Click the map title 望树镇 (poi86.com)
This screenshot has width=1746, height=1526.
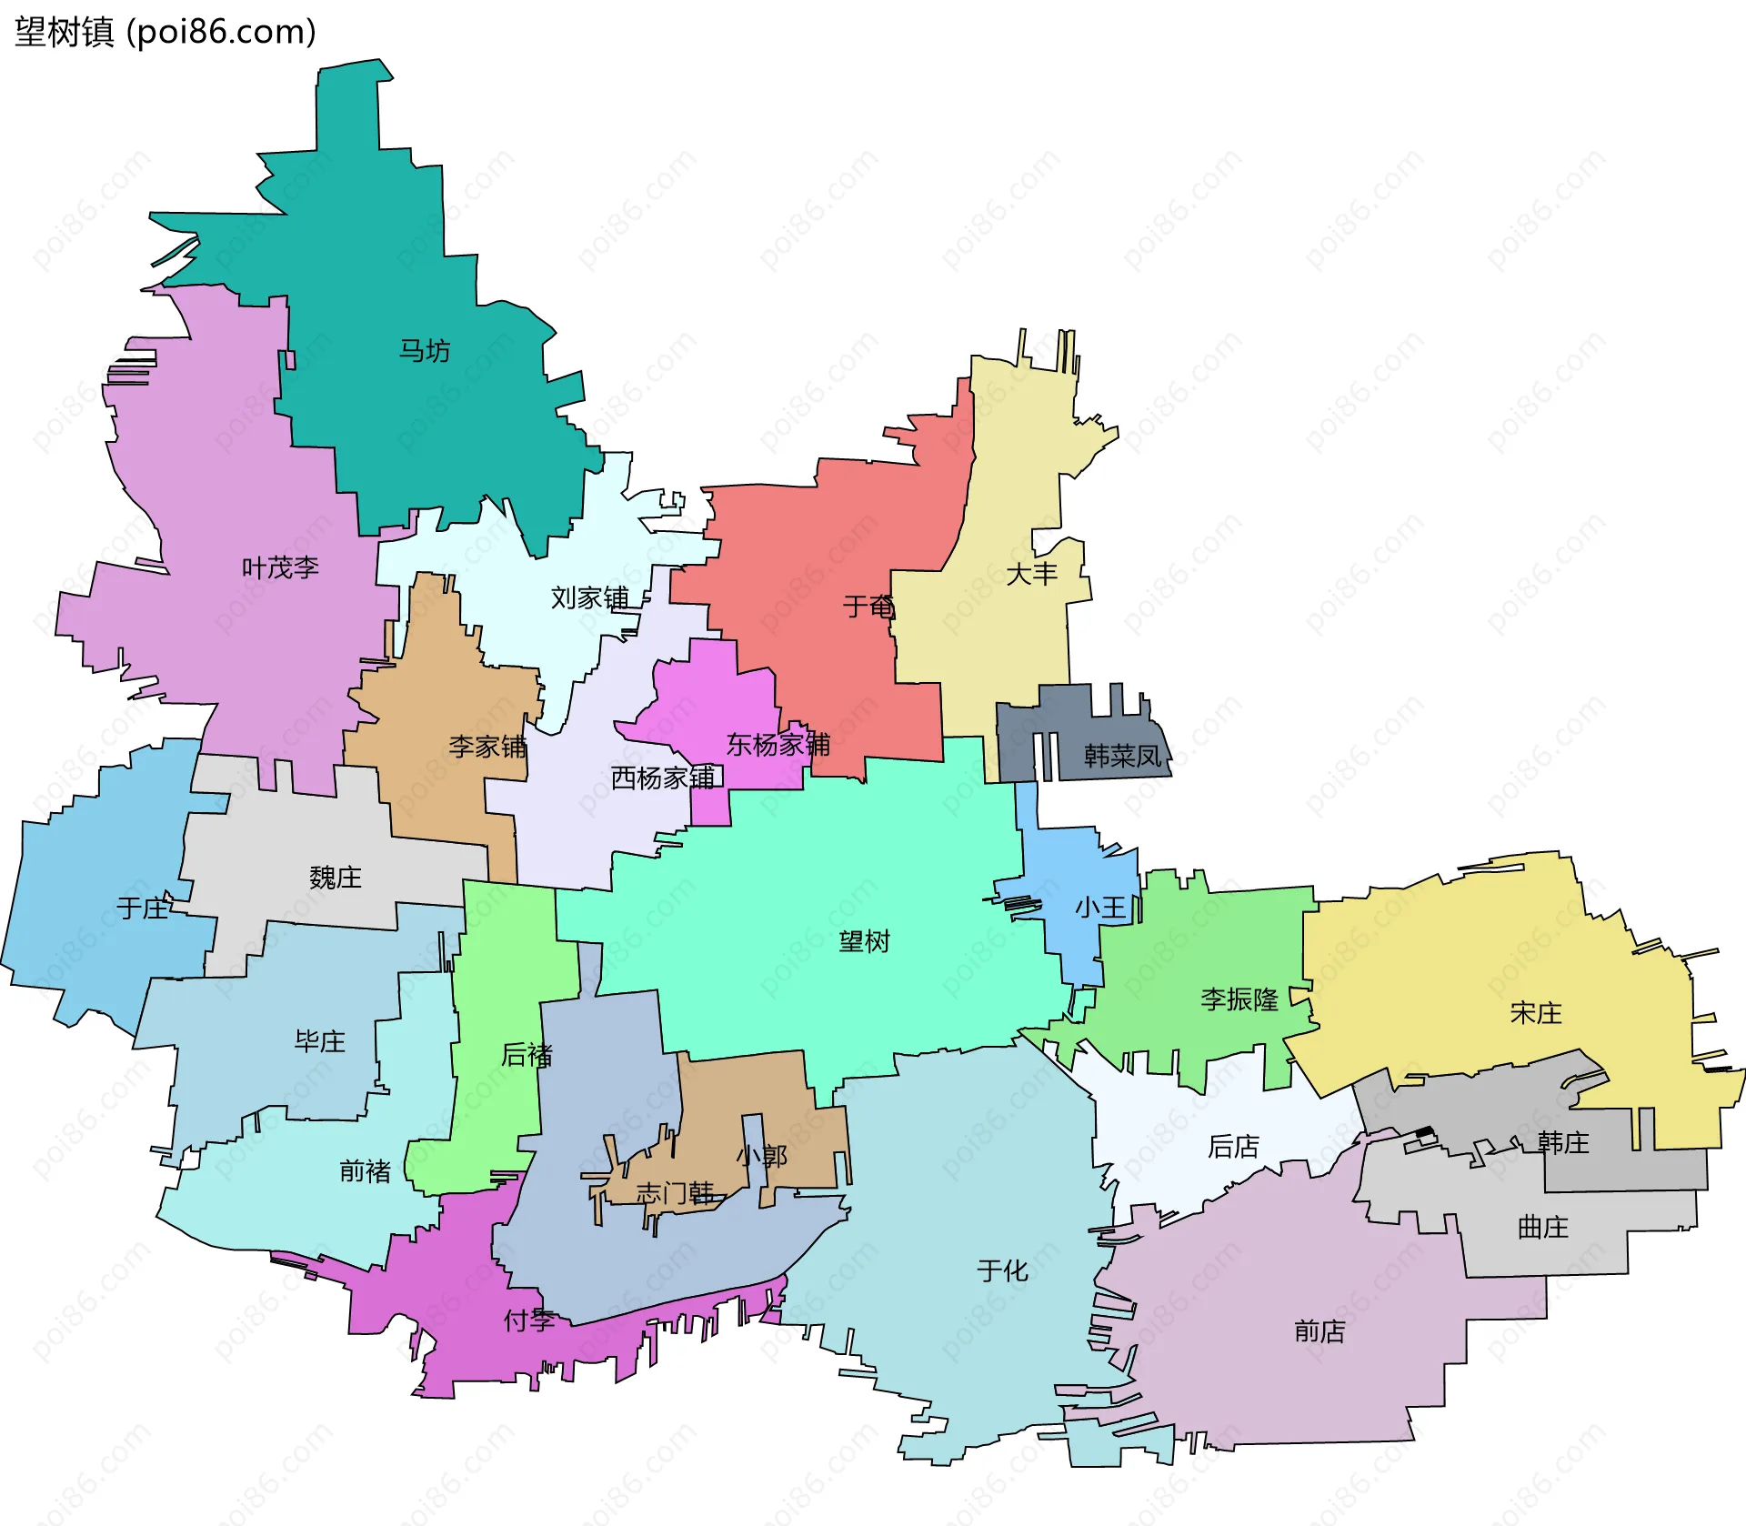pos(166,32)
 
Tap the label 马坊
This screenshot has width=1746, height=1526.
pos(424,350)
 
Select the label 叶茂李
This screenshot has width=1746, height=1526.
pos(280,568)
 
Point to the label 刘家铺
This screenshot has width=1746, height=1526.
pos(589,597)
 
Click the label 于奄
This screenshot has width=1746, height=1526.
pos(868,607)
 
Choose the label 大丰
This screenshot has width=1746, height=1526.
pos(1031,574)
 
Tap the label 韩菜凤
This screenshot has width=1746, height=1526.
pos(1122,756)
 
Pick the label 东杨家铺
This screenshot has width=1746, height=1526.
pos(778,745)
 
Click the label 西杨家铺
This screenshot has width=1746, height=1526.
pos(663,778)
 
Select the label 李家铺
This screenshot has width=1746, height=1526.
pos(487,747)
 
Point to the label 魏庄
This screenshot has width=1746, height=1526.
pos(336,878)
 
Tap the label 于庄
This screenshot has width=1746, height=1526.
pos(143,908)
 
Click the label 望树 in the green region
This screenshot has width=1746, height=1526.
pos(864,941)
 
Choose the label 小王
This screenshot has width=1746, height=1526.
pos(1100,907)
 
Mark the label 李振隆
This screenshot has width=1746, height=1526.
pos(1239,999)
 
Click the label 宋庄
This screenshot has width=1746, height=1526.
pos(1535,1012)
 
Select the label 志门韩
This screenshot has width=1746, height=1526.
pos(675,1192)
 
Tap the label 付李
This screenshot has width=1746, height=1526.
pos(529,1320)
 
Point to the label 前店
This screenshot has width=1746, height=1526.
pos(1319,1331)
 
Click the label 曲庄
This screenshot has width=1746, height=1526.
pos(1542,1227)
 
